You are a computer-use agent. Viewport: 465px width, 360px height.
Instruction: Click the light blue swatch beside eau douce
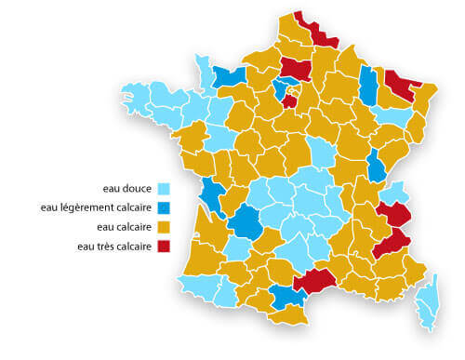[x=164, y=187]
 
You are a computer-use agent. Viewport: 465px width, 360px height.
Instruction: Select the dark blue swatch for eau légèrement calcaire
[x=164, y=207]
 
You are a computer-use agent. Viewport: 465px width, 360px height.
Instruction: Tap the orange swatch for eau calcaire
[x=164, y=227]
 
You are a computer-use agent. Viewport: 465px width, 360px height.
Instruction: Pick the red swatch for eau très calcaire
[x=164, y=247]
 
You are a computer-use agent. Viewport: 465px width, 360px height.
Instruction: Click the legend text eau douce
[x=129, y=187]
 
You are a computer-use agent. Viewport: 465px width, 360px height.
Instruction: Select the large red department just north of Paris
[x=296, y=67]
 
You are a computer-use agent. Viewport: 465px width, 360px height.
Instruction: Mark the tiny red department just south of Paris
[x=290, y=100]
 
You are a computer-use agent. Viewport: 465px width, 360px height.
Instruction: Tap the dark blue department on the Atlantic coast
[x=212, y=194]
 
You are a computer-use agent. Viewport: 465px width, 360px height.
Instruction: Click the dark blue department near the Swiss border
[x=376, y=166]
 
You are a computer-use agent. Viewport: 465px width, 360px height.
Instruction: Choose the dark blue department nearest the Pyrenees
[x=286, y=297]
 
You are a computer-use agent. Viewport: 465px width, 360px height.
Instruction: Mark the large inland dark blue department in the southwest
[x=247, y=222]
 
